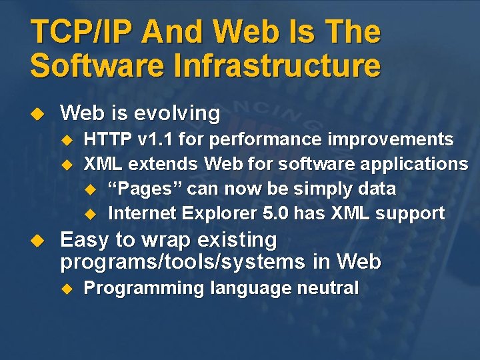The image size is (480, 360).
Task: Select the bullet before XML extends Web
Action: pos(66,164)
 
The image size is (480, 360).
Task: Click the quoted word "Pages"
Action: pos(145,189)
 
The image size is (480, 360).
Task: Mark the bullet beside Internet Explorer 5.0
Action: pos(91,214)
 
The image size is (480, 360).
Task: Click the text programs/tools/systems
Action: pos(183,262)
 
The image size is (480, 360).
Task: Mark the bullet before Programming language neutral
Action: pos(66,289)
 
